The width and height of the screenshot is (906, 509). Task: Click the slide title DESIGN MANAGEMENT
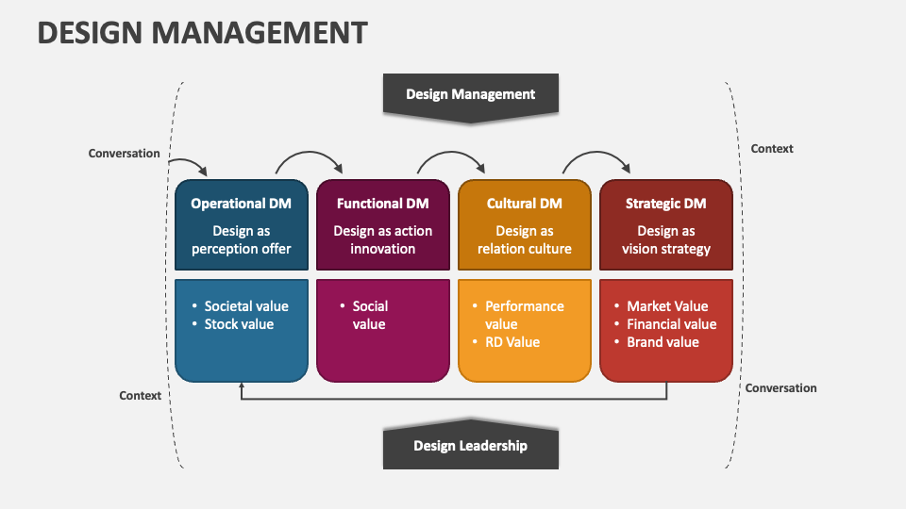pos(202,33)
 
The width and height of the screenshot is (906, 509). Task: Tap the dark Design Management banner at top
pos(470,94)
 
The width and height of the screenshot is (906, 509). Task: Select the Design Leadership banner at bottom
pos(470,446)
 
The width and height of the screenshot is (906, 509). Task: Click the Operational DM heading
pos(241,204)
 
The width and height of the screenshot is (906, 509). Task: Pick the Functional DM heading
pos(382,204)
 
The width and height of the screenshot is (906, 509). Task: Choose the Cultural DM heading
pos(524,204)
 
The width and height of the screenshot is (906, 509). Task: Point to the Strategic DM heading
pos(665,204)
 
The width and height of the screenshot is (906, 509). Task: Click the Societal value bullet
pos(246,306)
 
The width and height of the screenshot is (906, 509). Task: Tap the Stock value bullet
pos(239,324)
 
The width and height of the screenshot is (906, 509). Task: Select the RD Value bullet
pos(512,342)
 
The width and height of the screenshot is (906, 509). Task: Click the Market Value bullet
pos(667,306)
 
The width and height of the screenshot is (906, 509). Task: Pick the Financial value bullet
pos(672,324)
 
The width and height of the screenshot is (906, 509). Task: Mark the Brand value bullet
pos(663,342)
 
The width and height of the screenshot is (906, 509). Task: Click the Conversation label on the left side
pos(124,154)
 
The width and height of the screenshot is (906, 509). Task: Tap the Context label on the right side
pos(772,149)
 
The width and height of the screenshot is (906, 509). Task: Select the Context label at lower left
pos(141,396)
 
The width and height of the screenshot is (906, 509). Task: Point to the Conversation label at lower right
pos(781,388)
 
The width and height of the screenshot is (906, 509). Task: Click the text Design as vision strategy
pos(665,240)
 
